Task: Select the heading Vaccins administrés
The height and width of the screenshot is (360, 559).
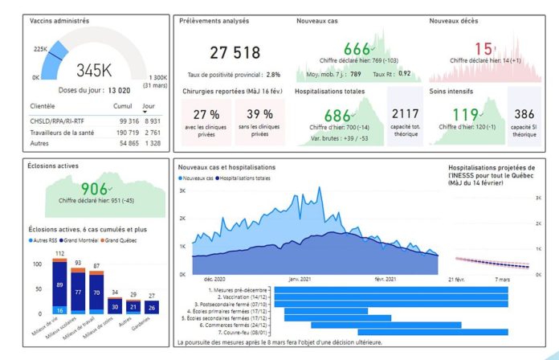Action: pyautogui.click(x=59, y=20)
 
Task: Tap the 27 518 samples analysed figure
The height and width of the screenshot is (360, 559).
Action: pyautogui.click(x=235, y=53)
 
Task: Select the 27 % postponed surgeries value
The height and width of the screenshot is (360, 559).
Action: pyautogui.click(x=206, y=114)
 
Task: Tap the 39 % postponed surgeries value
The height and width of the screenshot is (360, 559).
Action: pyautogui.click(x=259, y=114)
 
